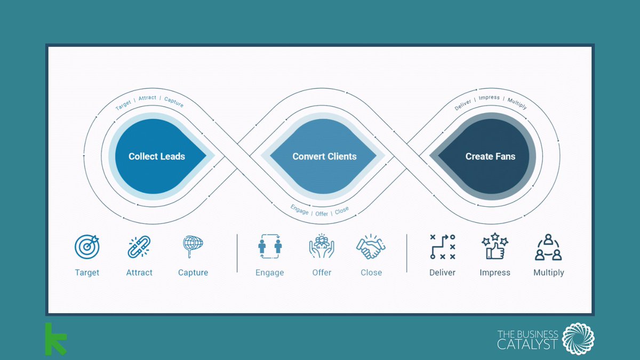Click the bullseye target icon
[87, 247]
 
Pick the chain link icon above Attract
[139, 247]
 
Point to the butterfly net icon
[193, 246]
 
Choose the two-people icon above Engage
[269, 246]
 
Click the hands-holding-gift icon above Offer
[322, 246]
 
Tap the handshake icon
[371, 247]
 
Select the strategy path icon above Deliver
[442, 247]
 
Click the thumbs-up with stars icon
[494, 246]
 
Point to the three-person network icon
[548, 247]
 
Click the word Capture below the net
[193, 273]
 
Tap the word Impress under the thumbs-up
[495, 273]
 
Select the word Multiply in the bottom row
[548, 273]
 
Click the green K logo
[55, 339]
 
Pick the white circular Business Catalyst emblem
[578, 339]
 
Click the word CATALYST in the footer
[527, 344]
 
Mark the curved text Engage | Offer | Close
[319, 211]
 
